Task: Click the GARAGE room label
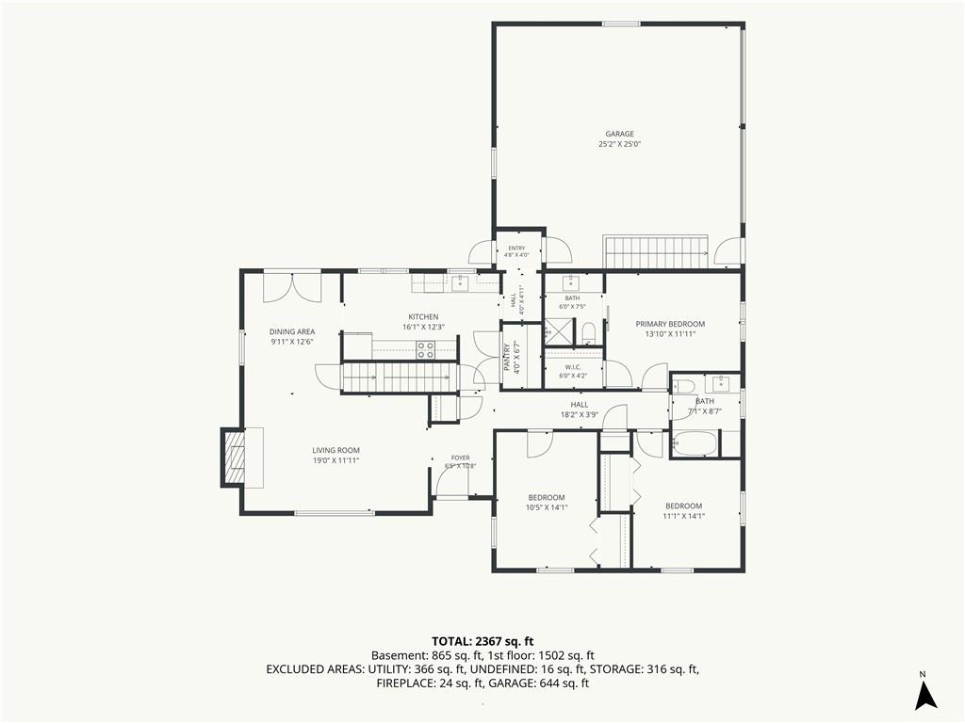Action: coord(619,134)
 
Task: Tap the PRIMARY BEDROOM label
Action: coord(670,324)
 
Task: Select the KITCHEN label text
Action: coord(423,316)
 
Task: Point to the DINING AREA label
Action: coord(292,331)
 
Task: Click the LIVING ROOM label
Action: coord(335,450)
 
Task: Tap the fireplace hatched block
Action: coord(234,458)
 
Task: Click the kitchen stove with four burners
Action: coord(425,350)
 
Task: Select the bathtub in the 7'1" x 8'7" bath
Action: coord(695,443)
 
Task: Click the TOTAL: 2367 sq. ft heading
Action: coord(482,642)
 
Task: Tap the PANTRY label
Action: coord(506,357)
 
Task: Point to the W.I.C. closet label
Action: coord(573,367)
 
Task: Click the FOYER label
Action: coord(460,458)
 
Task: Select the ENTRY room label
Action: coord(517,249)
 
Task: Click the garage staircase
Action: coord(656,251)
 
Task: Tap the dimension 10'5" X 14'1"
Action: coord(547,507)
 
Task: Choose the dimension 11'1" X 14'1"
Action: coord(684,516)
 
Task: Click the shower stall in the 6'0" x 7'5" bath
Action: coord(558,331)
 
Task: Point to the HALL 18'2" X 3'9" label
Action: coord(580,410)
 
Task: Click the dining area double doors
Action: coord(292,286)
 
